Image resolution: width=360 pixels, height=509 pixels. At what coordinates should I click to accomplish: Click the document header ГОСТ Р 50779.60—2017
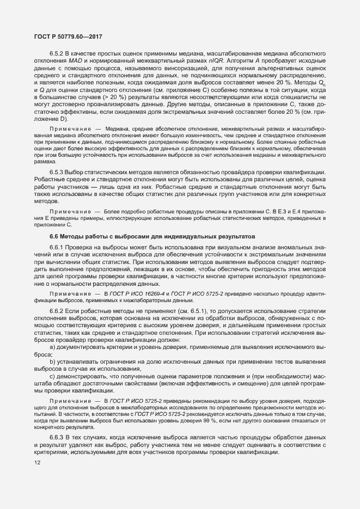pyautogui.click(x=65, y=36)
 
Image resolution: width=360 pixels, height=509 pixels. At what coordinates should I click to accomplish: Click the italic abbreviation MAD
pyautogui.click(x=68, y=62)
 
